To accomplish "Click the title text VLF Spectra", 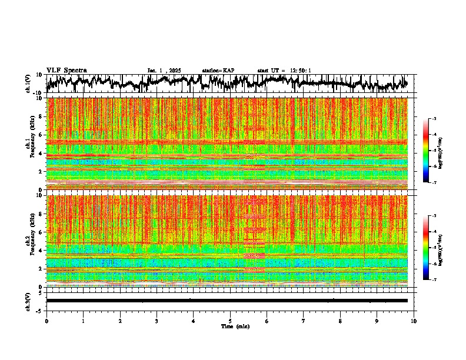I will [x=66, y=70].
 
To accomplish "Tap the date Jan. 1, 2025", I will [x=164, y=71].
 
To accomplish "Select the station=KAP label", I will [x=218, y=71].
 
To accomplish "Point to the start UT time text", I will [x=284, y=71].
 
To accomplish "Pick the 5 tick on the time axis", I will [x=230, y=321].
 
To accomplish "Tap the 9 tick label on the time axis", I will [x=377, y=321].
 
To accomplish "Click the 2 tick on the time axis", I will [x=120, y=321].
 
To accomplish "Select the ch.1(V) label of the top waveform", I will [x=28, y=84].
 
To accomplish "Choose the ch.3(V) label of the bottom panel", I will [x=28, y=301].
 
